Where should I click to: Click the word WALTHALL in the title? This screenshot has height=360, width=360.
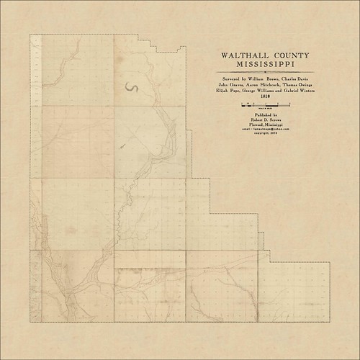pos(238,55)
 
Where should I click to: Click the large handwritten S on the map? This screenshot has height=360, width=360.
pos(132,88)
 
